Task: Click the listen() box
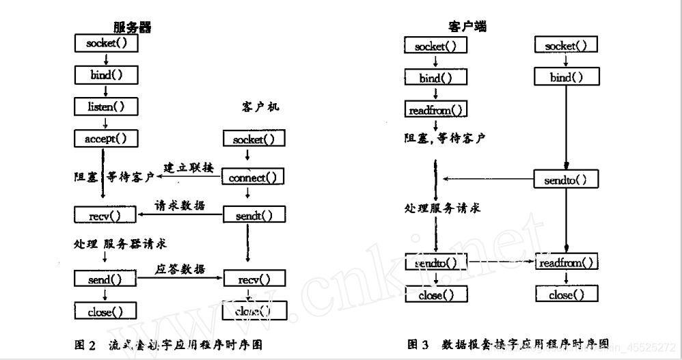tap(105, 107)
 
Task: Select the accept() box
tap(105, 138)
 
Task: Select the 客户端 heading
tap(467, 27)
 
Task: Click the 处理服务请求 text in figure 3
tap(441, 208)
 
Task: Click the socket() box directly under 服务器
tap(105, 44)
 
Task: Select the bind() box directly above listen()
tap(105, 75)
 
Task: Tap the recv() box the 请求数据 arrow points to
tap(105, 217)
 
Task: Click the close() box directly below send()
tap(105, 312)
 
